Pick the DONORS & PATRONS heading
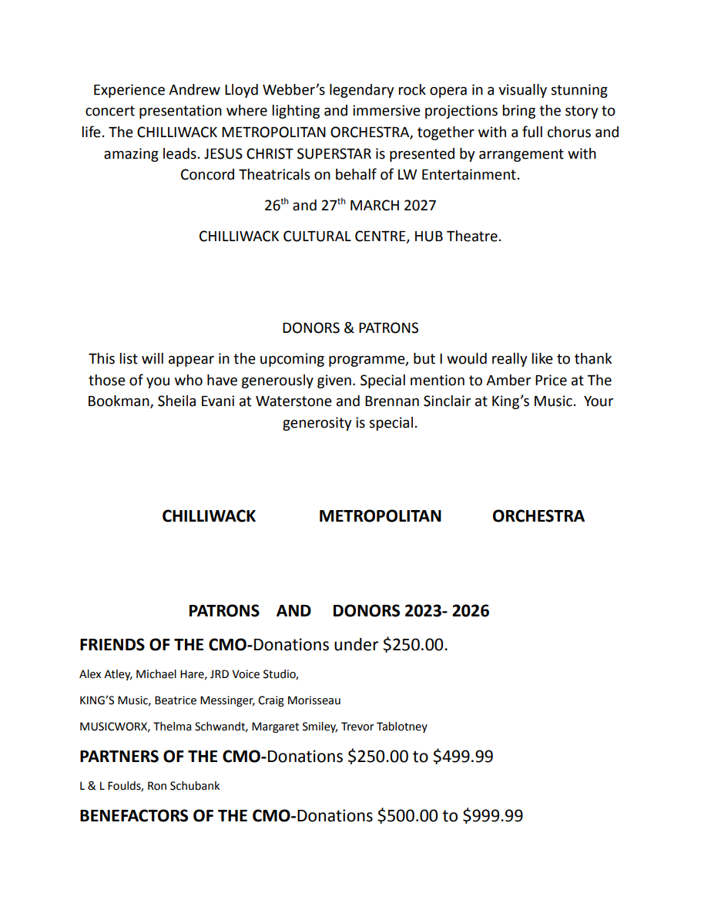point(350,328)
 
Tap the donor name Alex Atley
point(105,675)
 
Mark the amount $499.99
point(462,757)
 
